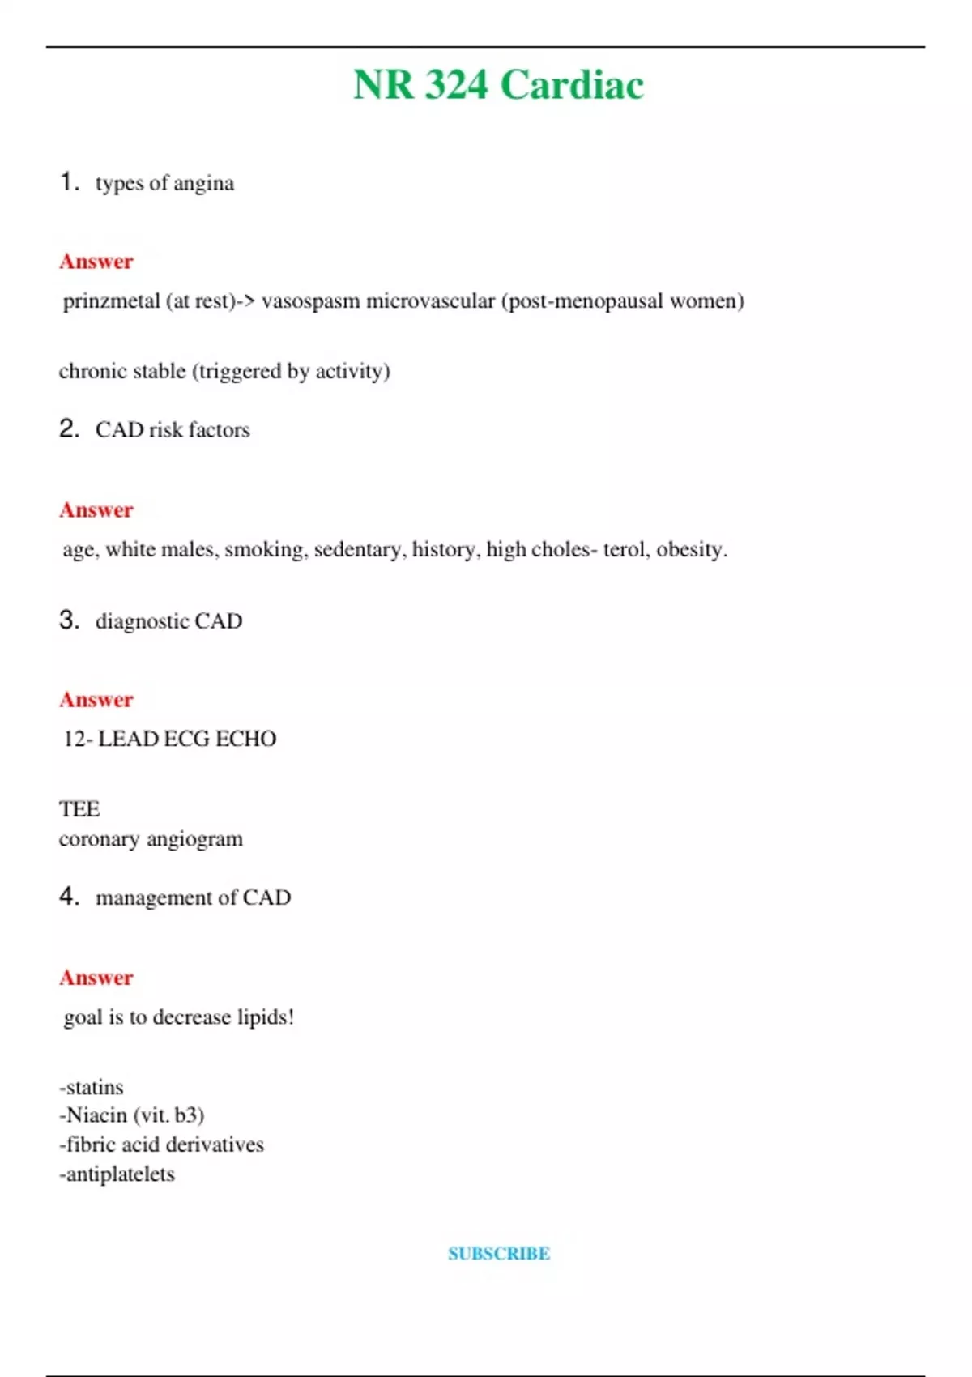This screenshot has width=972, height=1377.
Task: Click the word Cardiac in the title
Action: click(572, 85)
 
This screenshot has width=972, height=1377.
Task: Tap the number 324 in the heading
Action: click(456, 85)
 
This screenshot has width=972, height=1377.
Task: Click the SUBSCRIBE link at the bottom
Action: click(499, 1254)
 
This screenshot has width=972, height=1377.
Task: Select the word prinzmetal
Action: click(111, 301)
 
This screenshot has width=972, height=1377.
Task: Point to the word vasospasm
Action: click(310, 301)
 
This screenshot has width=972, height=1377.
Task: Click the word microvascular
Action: click(430, 301)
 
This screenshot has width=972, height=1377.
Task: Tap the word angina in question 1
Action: click(203, 184)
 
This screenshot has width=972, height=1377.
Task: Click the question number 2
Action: click(69, 428)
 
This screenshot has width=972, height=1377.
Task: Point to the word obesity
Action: click(690, 550)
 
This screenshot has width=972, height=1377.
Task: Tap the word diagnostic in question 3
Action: click(142, 621)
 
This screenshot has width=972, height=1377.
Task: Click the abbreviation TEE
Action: click(79, 809)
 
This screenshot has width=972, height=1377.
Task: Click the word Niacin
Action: click(97, 1115)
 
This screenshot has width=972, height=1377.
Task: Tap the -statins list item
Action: click(92, 1087)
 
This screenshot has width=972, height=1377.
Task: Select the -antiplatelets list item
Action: click(117, 1174)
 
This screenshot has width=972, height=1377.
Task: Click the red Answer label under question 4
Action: click(96, 978)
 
